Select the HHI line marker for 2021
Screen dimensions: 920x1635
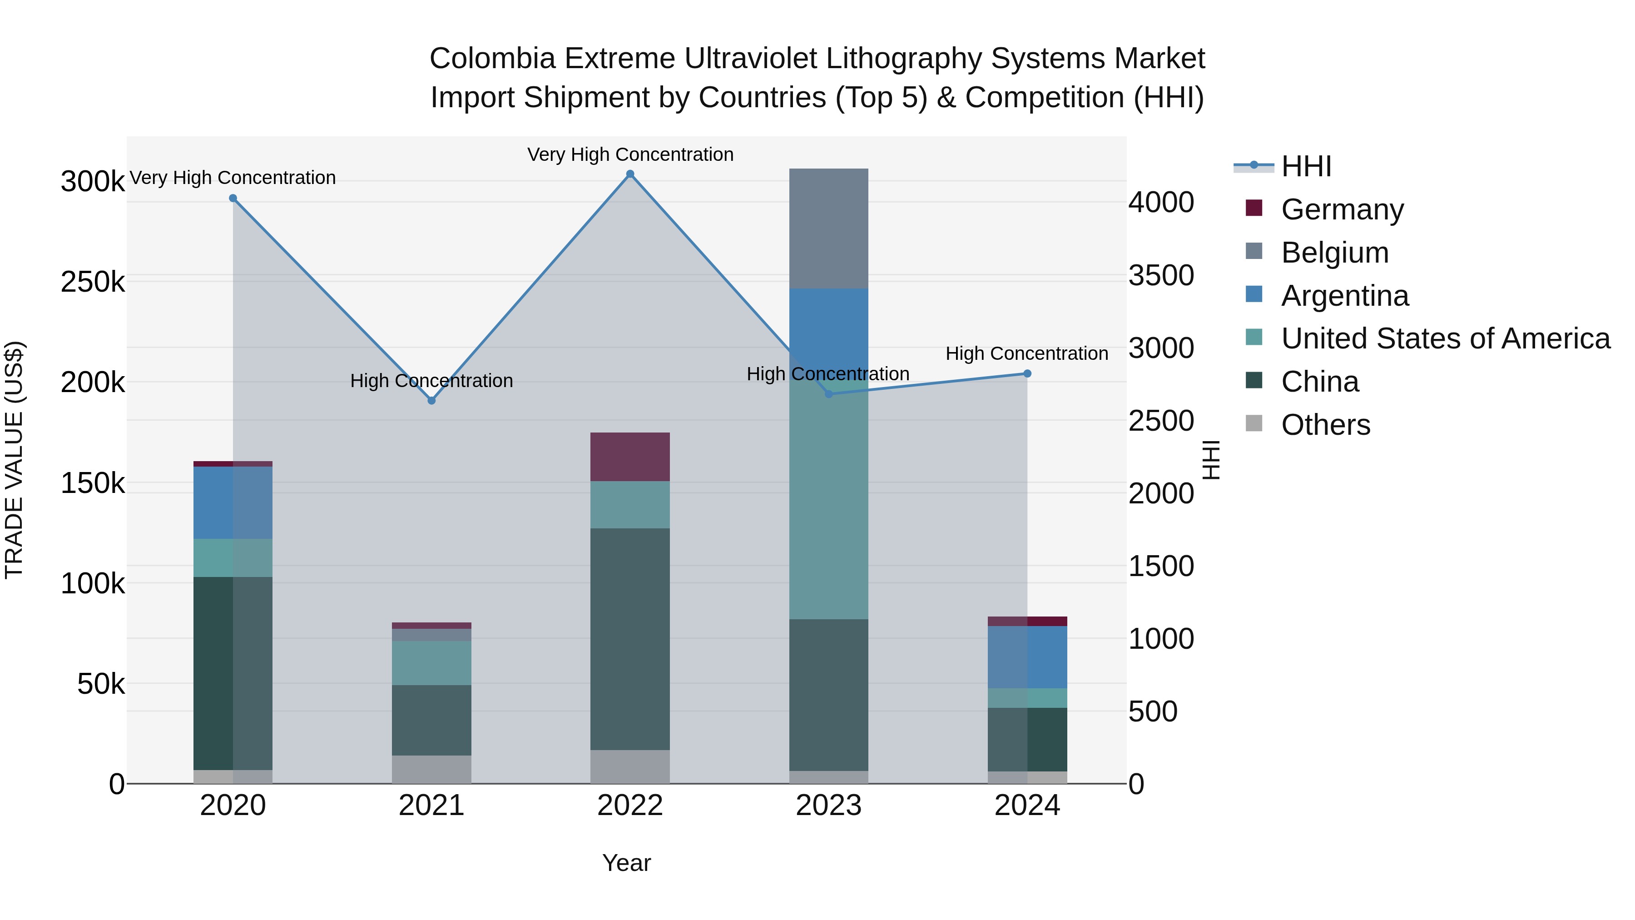[431, 401]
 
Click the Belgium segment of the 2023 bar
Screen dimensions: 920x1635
[828, 229]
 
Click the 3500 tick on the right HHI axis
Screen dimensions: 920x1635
[1161, 276]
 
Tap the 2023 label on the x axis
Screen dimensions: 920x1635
[828, 806]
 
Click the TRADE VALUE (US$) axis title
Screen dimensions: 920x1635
[14, 460]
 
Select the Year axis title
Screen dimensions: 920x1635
[626, 863]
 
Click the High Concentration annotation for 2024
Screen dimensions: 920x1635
[1026, 353]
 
